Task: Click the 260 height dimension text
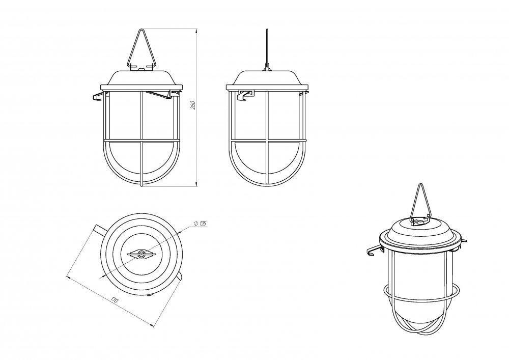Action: click(x=192, y=105)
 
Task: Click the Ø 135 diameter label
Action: click(x=200, y=224)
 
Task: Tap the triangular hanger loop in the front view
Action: click(x=141, y=49)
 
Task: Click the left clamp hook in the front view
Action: click(x=98, y=96)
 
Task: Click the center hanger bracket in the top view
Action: click(x=141, y=254)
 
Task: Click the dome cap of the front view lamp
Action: click(x=142, y=77)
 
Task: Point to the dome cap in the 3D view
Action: click(x=421, y=231)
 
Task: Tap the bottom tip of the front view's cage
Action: click(x=141, y=186)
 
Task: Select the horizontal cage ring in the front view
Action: click(x=141, y=141)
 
